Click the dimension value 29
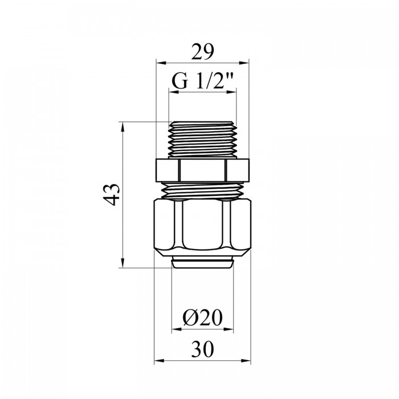[x=202, y=52]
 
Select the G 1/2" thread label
[x=202, y=81]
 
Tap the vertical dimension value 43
[x=112, y=195]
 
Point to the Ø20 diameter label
[x=202, y=317]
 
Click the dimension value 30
[x=202, y=349]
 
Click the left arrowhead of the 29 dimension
[x=161, y=63]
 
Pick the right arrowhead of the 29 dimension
[x=244, y=63]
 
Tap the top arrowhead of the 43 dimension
[x=123, y=127]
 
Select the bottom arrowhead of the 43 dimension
[x=123, y=263]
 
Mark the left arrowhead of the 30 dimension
[x=159, y=361]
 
